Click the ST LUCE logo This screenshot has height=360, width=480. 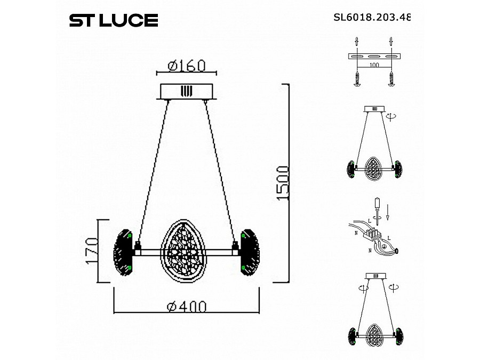tap(114, 20)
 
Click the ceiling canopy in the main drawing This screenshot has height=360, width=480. tap(186, 91)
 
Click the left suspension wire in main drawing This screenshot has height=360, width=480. tap(153, 171)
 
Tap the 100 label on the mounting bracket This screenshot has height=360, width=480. tap(374, 65)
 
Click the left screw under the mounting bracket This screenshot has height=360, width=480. tap(356, 78)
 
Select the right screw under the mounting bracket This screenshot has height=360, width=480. tap(392, 78)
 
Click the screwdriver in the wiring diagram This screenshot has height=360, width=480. tap(378, 208)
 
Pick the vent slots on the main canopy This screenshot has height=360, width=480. tap(186, 91)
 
